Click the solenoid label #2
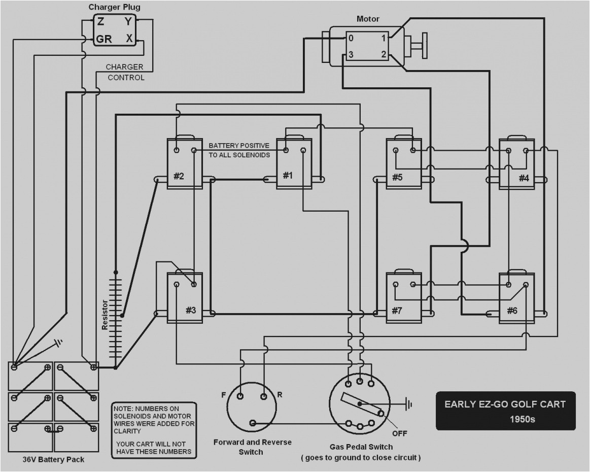click(179, 176)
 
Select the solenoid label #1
click(288, 176)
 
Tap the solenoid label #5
click(397, 177)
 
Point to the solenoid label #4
click(524, 178)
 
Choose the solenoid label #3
click(190, 310)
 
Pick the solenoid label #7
click(397, 311)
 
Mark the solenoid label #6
click(511, 311)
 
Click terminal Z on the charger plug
click(100, 22)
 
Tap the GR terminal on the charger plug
click(104, 39)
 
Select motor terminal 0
click(350, 38)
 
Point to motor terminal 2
click(384, 54)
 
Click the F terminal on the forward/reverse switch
click(240, 396)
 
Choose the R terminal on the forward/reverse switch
click(264, 396)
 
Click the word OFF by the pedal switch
click(400, 433)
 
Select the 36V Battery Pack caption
click(53, 460)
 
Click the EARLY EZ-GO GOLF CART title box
click(505, 411)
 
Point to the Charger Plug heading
click(114, 7)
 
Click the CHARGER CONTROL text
click(125, 72)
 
